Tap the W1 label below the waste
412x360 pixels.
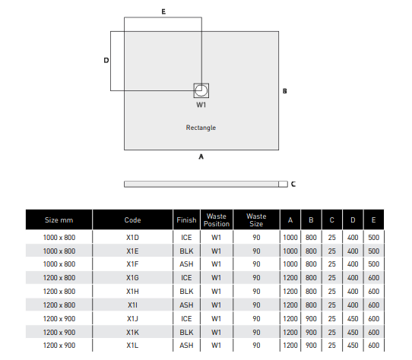pos(201,105)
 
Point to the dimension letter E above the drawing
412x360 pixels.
pos(163,11)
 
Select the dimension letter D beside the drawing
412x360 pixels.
pos(106,61)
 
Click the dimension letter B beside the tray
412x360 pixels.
pos(285,91)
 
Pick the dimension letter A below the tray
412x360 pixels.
pos(201,156)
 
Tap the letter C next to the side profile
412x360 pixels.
pos(293,184)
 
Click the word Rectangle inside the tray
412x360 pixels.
pos(201,128)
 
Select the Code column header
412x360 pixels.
pos(133,220)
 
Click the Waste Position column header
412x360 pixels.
pos(217,220)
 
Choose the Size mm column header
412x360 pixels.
pos(59,220)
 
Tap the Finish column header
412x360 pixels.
pos(186,220)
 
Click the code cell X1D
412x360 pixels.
pos(132,238)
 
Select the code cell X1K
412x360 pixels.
pos(132,333)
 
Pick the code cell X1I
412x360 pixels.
pos(132,305)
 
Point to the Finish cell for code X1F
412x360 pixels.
pos(186,264)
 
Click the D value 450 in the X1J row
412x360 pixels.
pos(353,319)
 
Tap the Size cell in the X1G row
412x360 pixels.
pos(59,278)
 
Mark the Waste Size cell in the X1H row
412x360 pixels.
pos(256,292)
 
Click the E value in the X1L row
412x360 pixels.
pos(374,346)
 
